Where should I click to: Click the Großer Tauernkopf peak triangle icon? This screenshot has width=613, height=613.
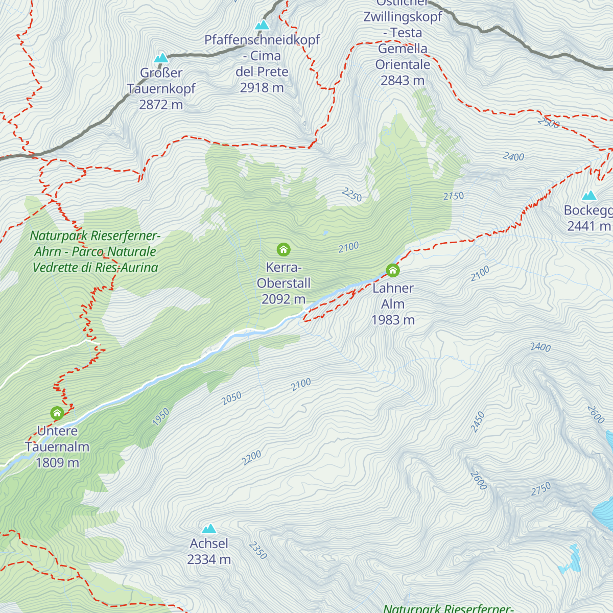tap(161, 58)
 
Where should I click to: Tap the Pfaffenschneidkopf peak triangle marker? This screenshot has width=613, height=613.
tap(262, 25)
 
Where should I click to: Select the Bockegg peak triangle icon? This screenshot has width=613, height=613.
tap(590, 195)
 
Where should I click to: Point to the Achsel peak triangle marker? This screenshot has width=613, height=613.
tap(209, 528)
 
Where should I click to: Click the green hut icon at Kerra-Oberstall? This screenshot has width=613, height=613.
tap(284, 249)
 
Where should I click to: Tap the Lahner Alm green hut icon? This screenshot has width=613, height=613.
tap(392, 270)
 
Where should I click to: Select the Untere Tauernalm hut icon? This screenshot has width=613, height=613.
tap(57, 413)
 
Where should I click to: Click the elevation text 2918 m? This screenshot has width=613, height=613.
tap(262, 88)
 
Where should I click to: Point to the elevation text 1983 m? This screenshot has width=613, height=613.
tap(393, 320)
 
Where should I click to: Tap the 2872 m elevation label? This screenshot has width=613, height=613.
tap(161, 105)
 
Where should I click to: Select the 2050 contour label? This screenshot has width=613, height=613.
tap(231, 398)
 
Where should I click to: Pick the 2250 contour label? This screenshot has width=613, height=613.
tap(352, 195)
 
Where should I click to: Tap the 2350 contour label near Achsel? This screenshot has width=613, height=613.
tap(258, 550)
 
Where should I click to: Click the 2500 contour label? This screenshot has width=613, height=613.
tap(549, 123)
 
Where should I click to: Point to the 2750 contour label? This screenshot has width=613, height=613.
tap(540, 489)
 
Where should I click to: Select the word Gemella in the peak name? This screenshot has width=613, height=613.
tap(403, 49)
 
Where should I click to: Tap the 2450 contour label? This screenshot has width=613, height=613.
tap(478, 422)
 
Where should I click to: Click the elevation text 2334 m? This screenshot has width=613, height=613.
tap(209, 560)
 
